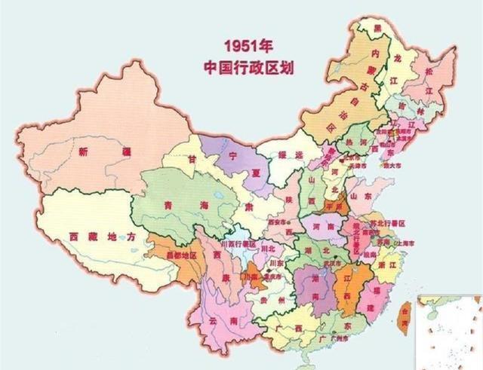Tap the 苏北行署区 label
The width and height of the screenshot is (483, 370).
tap(389, 224)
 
